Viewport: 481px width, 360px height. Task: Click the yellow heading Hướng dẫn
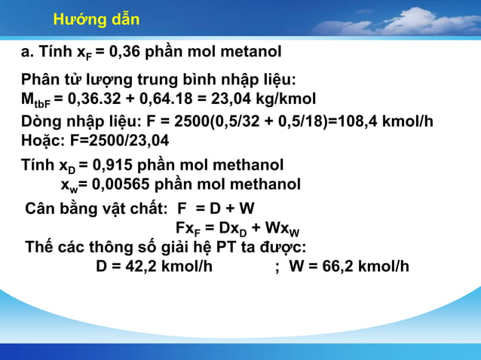[97, 19]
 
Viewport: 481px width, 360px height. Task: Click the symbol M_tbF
[35, 100]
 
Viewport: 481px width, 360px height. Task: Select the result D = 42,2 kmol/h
[154, 266]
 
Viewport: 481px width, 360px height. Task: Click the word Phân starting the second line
[38, 80]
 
